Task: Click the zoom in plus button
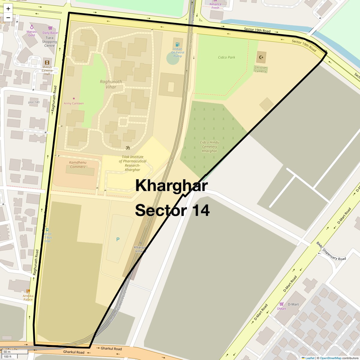coord(8,9)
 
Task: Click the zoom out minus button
coord(8,17)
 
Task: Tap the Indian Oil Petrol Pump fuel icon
coord(177,44)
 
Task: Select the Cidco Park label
coord(226,57)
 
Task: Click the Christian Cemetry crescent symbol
coord(261,57)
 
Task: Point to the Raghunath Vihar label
coord(111,84)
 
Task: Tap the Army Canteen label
coord(74,103)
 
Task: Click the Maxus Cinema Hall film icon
coord(47,62)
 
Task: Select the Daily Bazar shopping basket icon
coord(50,28)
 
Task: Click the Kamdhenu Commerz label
coord(77,165)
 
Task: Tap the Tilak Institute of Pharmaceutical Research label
coord(133,163)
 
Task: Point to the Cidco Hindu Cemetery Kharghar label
coord(209,147)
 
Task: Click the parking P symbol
coord(118,239)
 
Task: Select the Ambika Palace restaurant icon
coord(28,291)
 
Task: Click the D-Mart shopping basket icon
coord(281,304)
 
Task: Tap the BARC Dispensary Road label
coord(331,252)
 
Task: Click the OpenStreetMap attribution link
coord(330,358)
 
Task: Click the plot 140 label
coord(34,102)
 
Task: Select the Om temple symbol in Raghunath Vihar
coord(128,148)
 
